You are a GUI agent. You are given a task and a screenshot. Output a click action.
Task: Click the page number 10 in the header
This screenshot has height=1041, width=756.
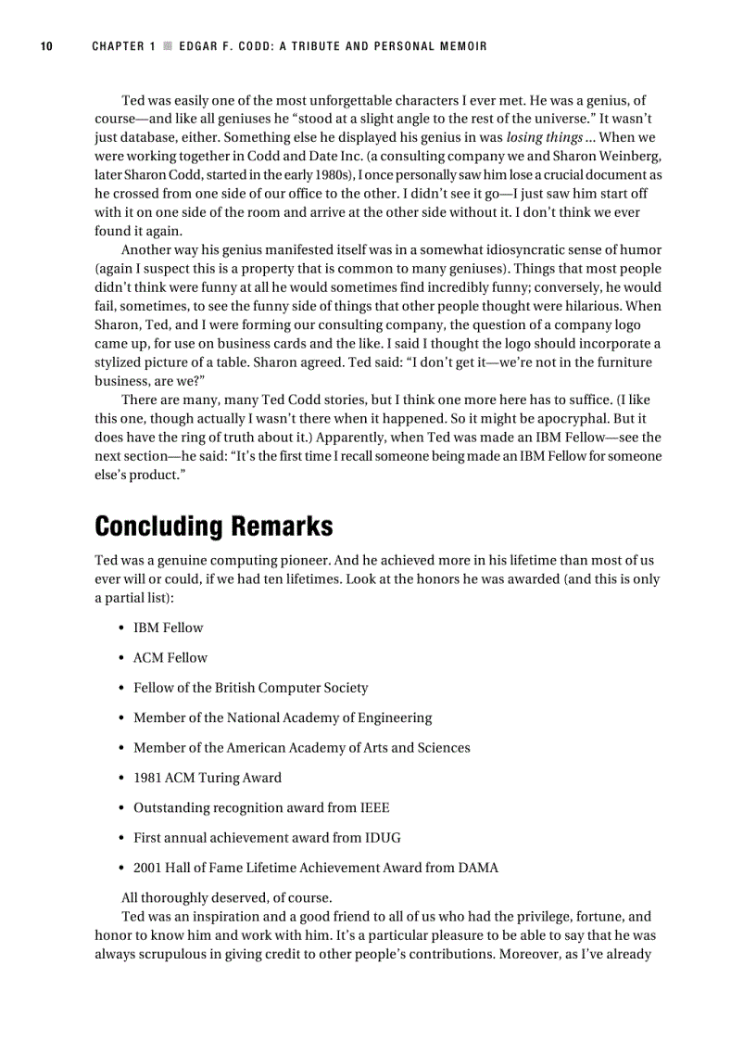(45, 46)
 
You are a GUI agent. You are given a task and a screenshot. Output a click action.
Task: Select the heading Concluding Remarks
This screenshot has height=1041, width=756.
(213, 527)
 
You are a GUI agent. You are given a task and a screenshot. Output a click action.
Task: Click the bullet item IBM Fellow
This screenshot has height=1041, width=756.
(168, 628)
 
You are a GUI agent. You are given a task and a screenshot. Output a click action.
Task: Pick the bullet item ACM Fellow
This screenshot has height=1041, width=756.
(170, 657)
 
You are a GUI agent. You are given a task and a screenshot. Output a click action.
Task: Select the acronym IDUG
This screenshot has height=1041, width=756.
(384, 837)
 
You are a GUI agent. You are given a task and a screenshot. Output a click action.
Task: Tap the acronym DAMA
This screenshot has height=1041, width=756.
(477, 868)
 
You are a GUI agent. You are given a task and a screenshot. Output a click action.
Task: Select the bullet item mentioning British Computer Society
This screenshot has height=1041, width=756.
(250, 688)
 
